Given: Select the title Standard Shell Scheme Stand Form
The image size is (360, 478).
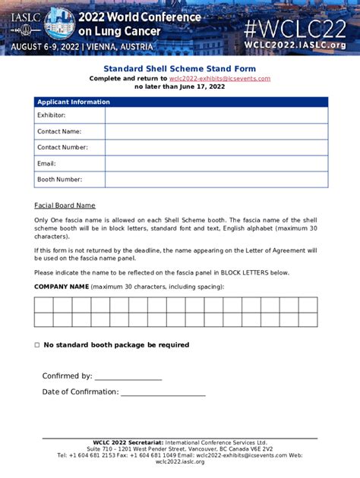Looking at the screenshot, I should (180, 68).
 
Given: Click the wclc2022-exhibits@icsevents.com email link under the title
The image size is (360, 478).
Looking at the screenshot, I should (219, 78).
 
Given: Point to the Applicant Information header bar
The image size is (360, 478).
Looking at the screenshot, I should (181, 102).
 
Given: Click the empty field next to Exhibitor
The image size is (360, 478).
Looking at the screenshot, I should (216, 115).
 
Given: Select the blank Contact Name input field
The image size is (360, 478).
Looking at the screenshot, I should (216, 131).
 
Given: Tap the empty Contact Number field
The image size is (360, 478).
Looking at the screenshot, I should (216, 147).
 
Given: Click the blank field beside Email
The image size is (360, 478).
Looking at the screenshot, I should (216, 163).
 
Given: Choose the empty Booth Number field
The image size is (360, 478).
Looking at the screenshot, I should (216, 180).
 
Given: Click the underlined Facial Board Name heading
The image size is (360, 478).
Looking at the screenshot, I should (65, 206).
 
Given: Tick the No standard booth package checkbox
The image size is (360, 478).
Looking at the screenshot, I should (36, 345).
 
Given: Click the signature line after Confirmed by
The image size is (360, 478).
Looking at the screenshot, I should (128, 377).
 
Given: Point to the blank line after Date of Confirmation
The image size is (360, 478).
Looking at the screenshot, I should (163, 393).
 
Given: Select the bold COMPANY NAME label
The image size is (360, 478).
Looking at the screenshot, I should (61, 287).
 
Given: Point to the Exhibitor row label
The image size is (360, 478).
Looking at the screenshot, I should (51, 115).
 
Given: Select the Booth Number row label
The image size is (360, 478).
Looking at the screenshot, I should (59, 180).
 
